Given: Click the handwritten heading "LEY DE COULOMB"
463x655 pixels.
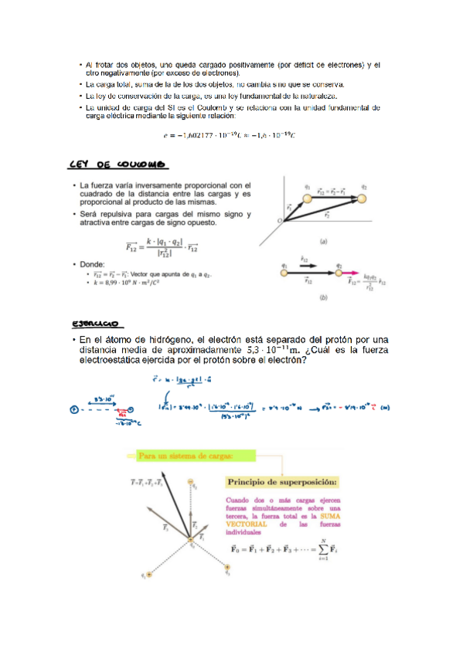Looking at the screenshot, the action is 118,165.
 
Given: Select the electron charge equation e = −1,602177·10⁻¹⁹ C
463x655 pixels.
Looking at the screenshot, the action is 230,136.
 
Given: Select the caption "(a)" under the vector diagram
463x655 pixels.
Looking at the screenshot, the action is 323,241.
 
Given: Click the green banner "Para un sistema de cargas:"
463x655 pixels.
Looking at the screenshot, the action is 185,456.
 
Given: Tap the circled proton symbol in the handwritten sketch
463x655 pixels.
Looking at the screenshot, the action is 74,409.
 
